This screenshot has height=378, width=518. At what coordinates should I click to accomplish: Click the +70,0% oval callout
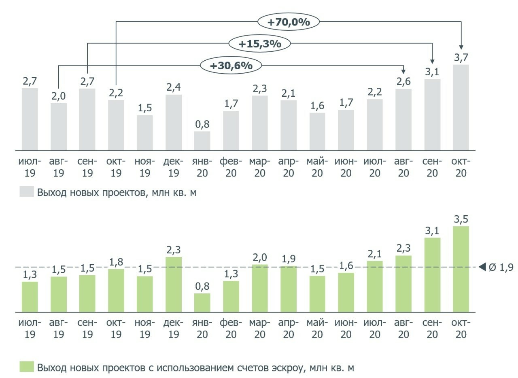click(288, 22)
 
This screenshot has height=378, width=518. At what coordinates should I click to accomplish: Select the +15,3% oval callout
click(259, 44)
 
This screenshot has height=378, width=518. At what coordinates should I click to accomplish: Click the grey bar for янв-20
click(202, 141)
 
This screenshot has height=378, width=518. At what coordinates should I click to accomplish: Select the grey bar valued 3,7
click(461, 108)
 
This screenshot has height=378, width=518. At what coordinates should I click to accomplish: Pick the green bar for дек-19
click(174, 285)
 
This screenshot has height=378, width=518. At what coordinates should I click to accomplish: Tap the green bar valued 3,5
click(461, 269)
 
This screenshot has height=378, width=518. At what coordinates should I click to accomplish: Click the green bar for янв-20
click(202, 303)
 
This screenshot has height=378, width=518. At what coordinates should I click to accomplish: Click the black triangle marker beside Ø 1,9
click(482, 267)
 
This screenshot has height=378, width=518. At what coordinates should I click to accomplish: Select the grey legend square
click(26, 191)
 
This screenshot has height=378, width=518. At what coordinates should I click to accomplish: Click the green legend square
click(26, 367)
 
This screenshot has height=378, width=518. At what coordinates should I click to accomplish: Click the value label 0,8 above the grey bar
click(202, 124)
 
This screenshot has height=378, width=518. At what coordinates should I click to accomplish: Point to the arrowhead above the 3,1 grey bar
click(432, 61)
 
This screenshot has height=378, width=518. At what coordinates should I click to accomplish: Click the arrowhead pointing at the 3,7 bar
click(461, 46)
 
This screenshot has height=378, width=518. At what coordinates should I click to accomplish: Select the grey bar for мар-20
click(259, 123)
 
